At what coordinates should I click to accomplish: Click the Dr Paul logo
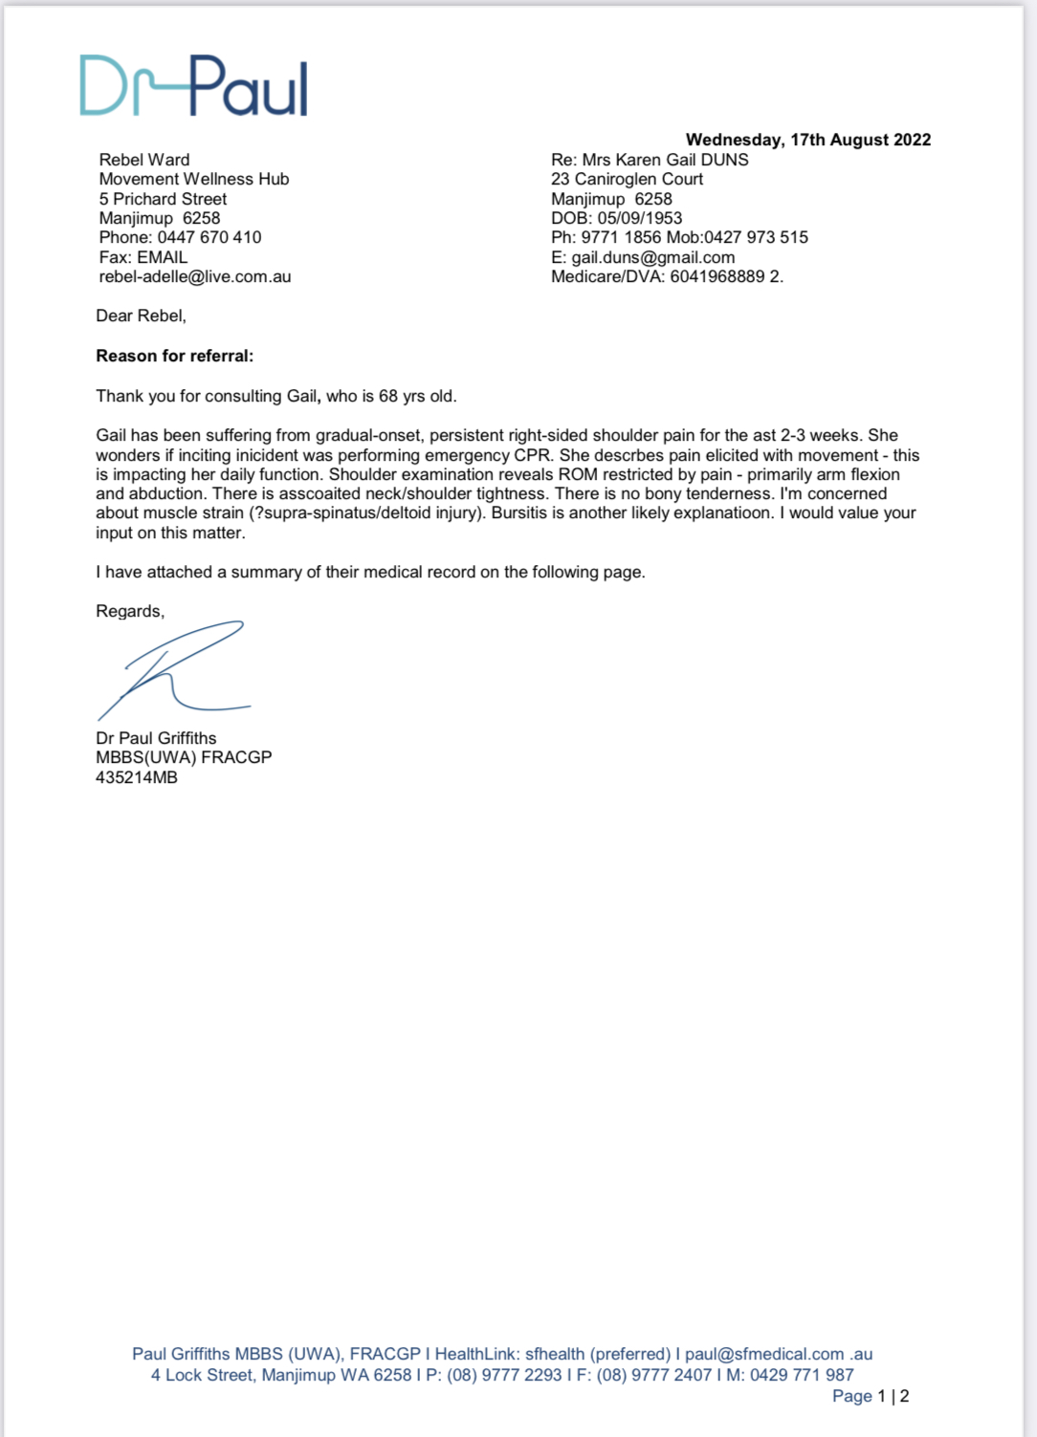tap(193, 86)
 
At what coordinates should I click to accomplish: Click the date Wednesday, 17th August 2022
tap(807, 140)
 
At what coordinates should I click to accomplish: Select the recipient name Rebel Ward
tap(144, 160)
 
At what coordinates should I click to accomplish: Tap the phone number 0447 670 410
tap(209, 237)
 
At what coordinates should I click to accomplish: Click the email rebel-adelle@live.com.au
tap(195, 276)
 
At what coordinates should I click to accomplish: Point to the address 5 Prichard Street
tap(163, 199)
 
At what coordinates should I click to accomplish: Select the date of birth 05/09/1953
tap(640, 218)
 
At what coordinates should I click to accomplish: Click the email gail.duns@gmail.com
tap(653, 257)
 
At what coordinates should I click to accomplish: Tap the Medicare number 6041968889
tap(717, 276)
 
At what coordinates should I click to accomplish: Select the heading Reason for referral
tap(175, 356)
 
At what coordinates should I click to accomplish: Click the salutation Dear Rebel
tap(141, 316)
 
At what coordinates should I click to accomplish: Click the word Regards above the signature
tap(130, 611)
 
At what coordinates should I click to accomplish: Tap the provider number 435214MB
tap(137, 777)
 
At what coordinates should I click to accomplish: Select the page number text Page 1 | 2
tap(871, 1396)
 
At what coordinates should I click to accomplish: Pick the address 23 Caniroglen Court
tap(627, 179)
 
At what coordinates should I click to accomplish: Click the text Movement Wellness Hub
tap(194, 179)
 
